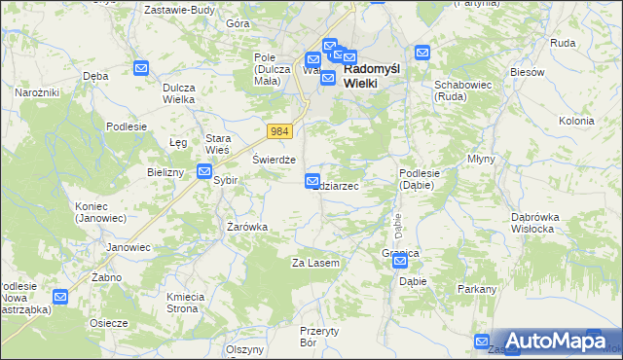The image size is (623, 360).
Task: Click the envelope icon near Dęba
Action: click(141, 68)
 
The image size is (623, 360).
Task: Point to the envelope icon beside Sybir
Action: click(204, 171)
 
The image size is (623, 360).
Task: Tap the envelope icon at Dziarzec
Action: click(311, 180)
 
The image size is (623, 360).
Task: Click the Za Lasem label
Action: click(315, 264)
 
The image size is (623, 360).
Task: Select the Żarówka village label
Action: click(247, 227)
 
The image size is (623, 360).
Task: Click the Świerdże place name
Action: click(274, 161)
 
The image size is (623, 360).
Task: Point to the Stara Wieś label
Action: click(217, 143)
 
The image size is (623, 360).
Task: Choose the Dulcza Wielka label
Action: click(180, 92)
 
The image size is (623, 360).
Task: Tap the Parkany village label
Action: click(477, 289)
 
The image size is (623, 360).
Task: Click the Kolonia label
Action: click(576, 121)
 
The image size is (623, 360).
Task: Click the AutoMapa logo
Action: click(556, 341)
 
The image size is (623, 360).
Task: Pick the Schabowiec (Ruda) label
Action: click(460, 90)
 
